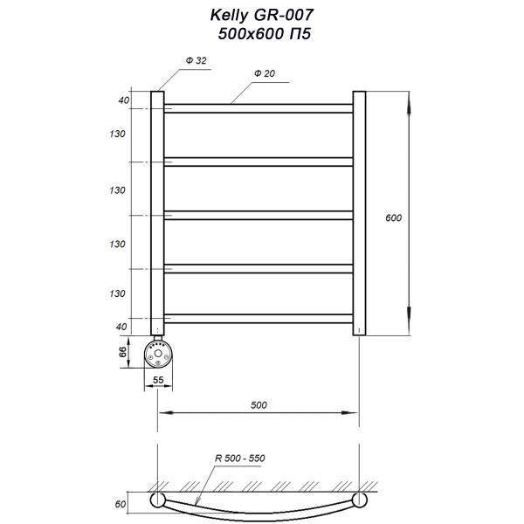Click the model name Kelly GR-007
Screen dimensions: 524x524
[x=261, y=16]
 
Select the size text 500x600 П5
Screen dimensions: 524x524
[x=261, y=34]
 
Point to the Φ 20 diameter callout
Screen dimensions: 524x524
[x=265, y=75]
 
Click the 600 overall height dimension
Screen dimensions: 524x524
[x=393, y=217]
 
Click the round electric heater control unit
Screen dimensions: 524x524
[x=161, y=355]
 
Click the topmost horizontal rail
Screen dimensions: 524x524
[x=259, y=108]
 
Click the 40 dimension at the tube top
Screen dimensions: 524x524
[x=124, y=101]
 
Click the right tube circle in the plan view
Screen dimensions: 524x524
[x=359, y=500]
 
